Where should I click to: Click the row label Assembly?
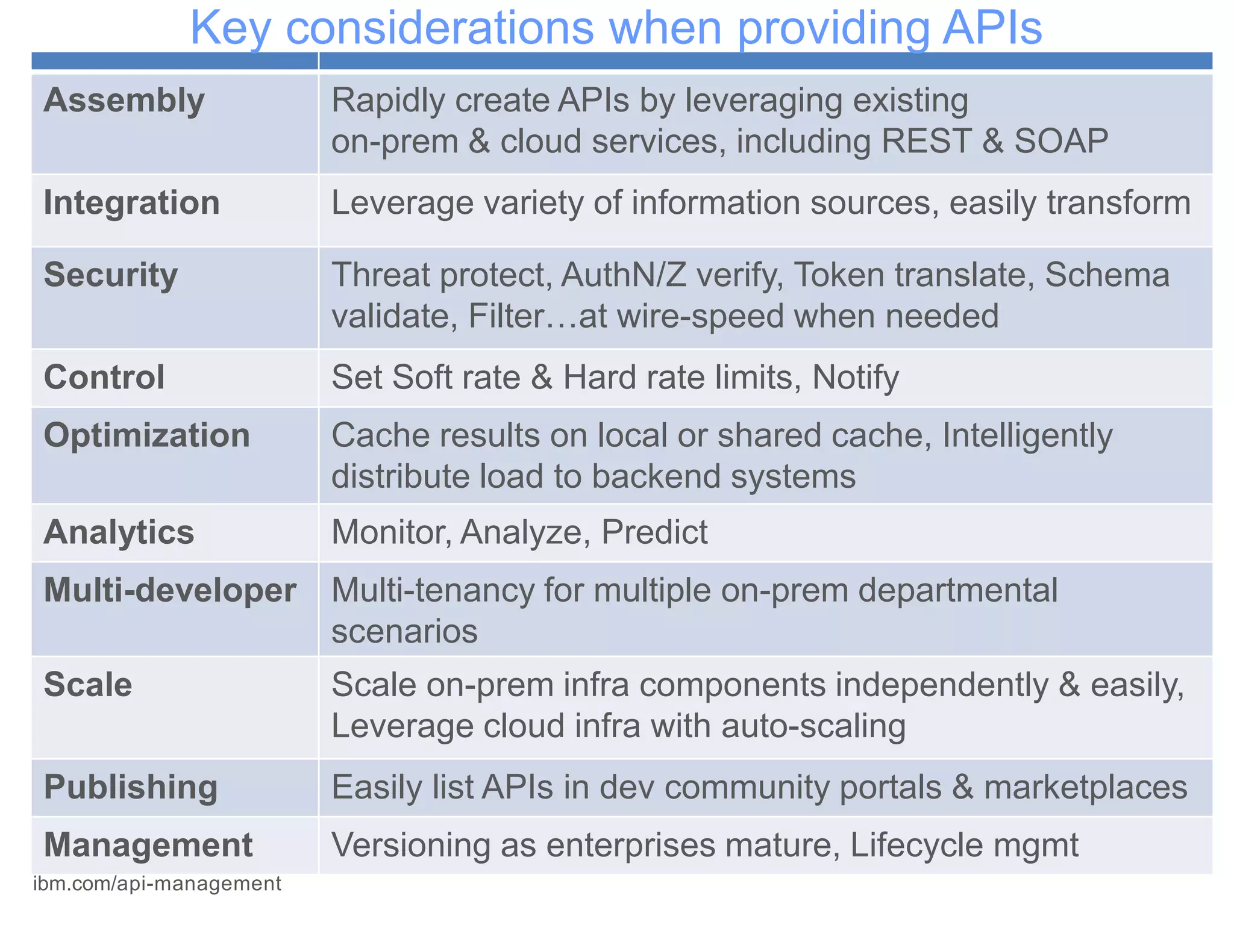pyautogui.click(x=124, y=101)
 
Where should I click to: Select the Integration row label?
pyautogui.click(x=131, y=202)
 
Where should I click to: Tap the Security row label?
pyautogui.click(x=111, y=275)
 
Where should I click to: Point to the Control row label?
pyautogui.click(x=104, y=378)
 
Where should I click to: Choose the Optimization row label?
pyautogui.click(x=146, y=435)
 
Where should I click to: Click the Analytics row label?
pyautogui.click(x=119, y=532)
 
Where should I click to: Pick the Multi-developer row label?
pyautogui.click(x=170, y=590)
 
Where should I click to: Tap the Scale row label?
pyautogui.click(x=88, y=685)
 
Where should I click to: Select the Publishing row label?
pyautogui.click(x=131, y=787)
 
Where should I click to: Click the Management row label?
pyautogui.click(x=148, y=845)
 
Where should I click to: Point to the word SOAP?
pyautogui.click(x=1061, y=142)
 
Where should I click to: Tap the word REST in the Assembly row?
pyautogui.click(x=926, y=142)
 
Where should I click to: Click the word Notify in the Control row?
pyautogui.click(x=856, y=378)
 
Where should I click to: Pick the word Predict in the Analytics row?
pyautogui.click(x=654, y=532)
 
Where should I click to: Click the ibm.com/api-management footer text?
pyautogui.click(x=157, y=883)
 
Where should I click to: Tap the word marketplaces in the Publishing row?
pyautogui.click(x=1085, y=787)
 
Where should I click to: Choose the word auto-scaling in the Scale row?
pyautogui.click(x=813, y=726)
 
